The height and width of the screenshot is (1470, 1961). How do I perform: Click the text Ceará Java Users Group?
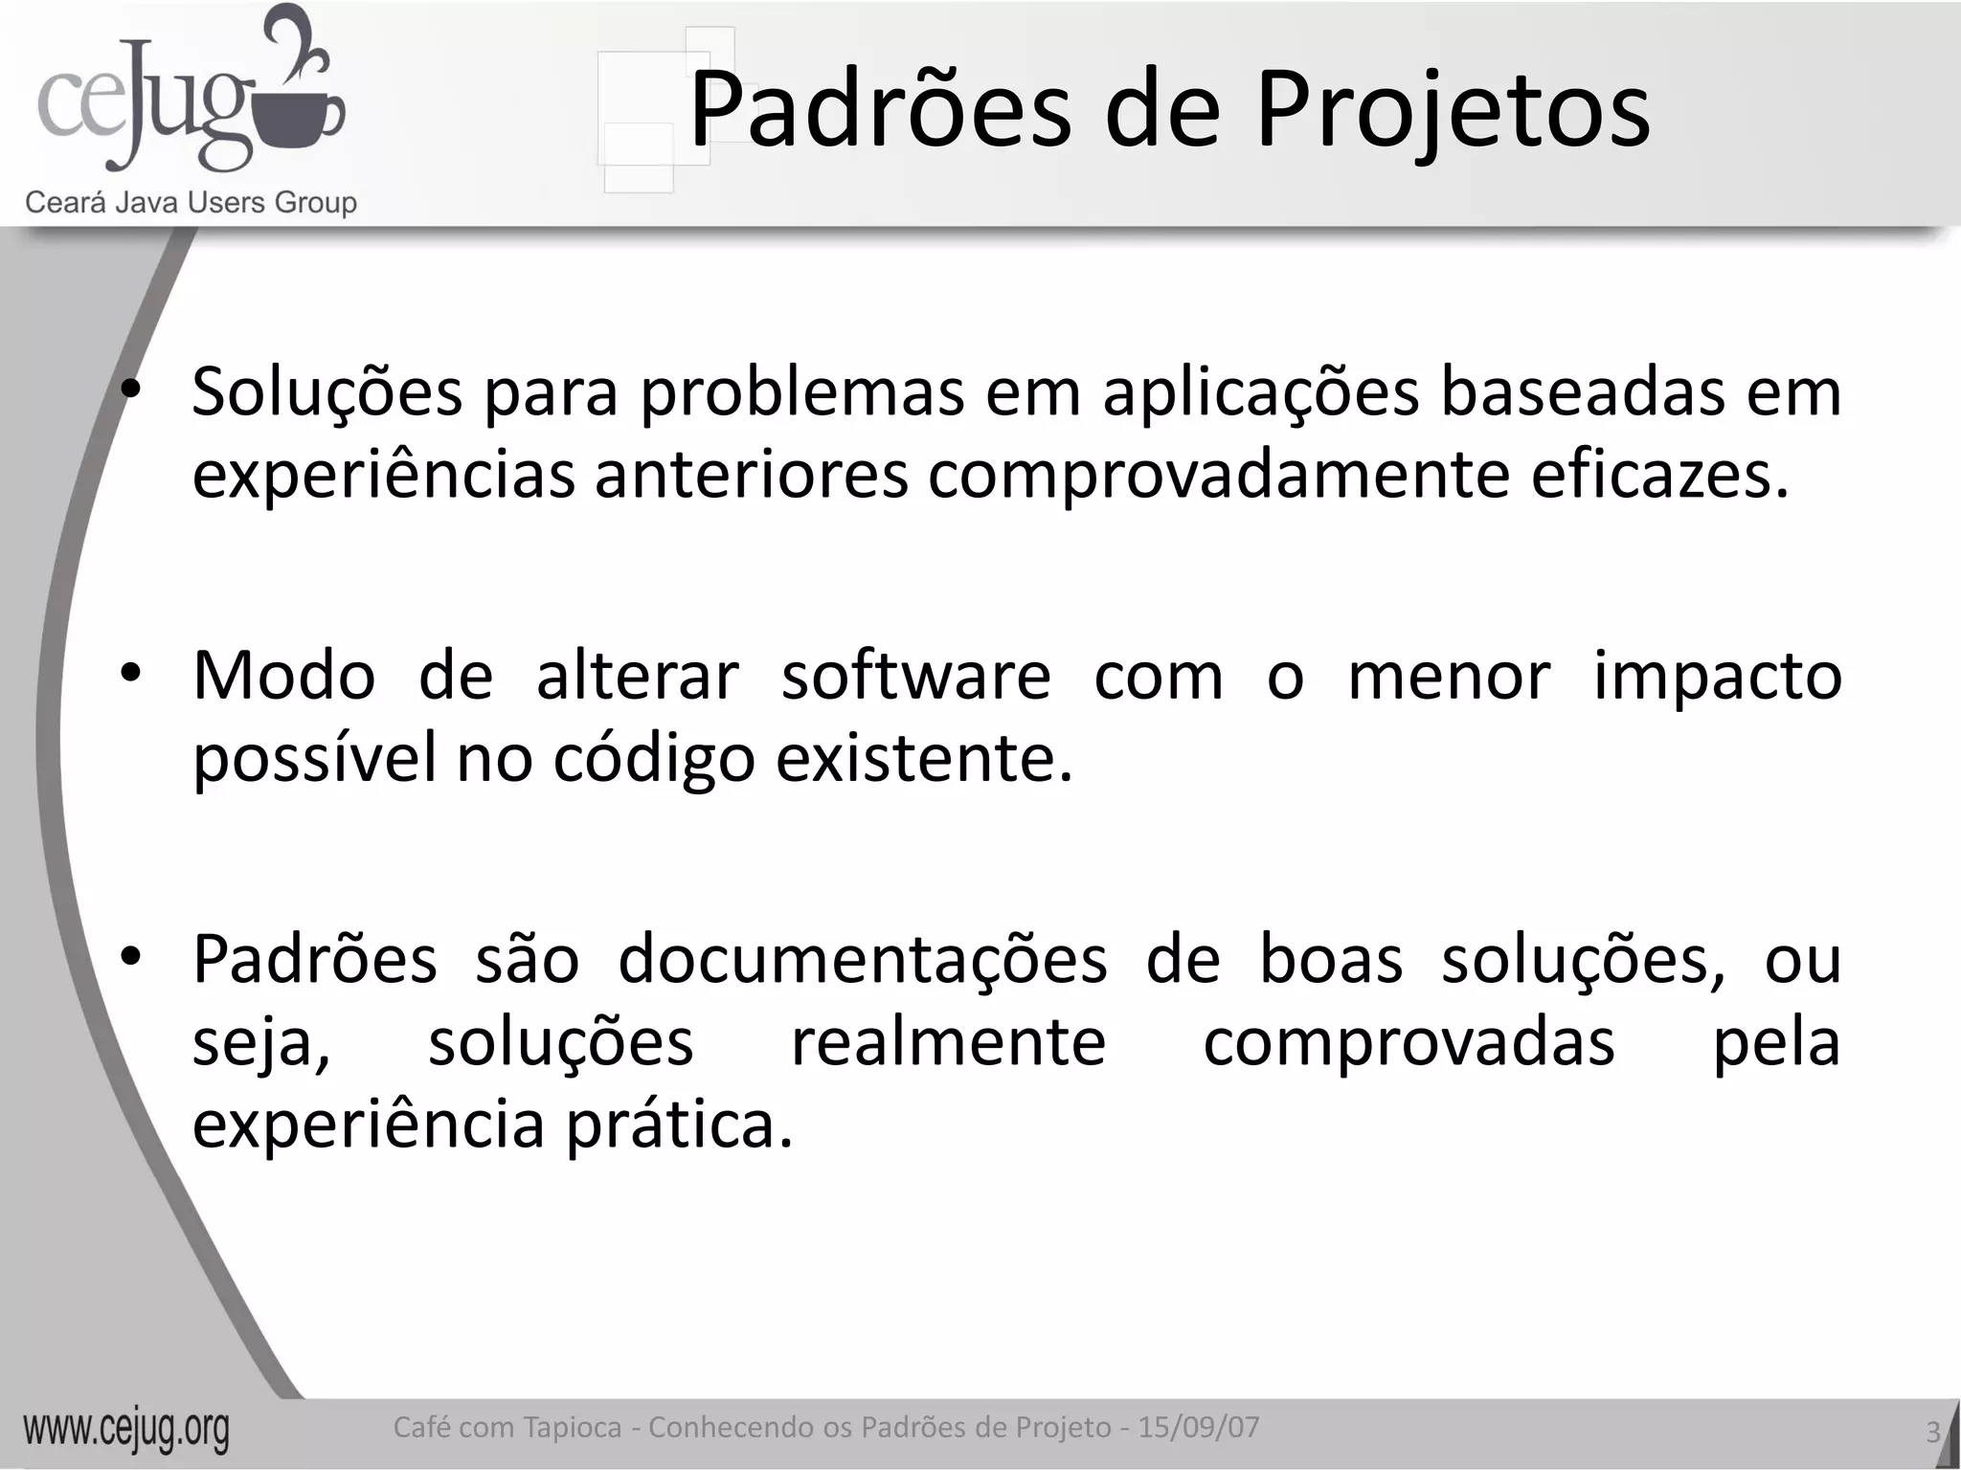191,202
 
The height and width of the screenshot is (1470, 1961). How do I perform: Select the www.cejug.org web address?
126,1431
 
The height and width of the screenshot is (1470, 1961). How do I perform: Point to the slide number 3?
1932,1433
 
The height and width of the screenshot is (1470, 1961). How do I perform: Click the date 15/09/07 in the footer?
1198,1427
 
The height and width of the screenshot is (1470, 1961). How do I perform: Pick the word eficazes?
1658,475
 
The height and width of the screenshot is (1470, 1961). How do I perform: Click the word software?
916,676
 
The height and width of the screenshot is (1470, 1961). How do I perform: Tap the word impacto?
1717,678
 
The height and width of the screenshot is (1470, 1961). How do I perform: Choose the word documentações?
863,960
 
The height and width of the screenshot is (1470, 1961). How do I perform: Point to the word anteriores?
751,475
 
